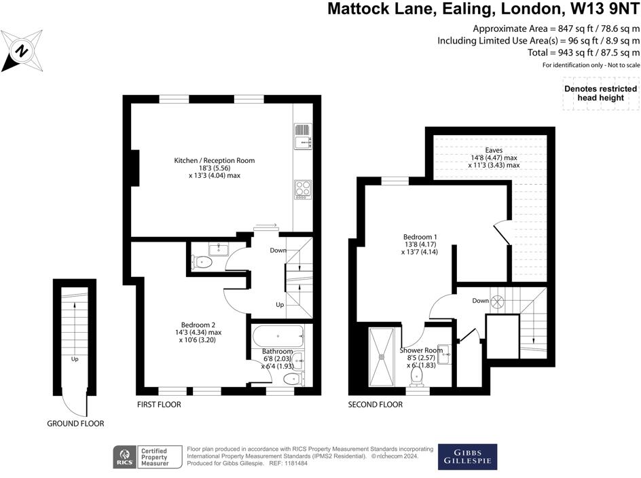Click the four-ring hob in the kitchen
(x=303, y=188)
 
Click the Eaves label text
(x=494, y=150)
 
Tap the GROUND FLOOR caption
(x=75, y=424)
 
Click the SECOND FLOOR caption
(x=376, y=405)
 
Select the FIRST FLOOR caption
(x=159, y=405)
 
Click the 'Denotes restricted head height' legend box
(x=601, y=94)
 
